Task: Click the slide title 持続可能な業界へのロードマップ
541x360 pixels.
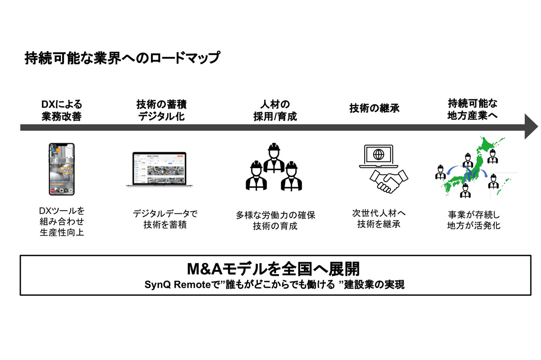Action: tap(122, 59)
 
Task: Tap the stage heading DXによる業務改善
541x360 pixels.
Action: tap(61, 111)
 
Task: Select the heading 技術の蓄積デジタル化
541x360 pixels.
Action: tap(161, 111)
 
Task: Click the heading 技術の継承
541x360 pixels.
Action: tap(374, 109)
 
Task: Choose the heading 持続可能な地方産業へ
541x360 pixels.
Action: tap(472, 110)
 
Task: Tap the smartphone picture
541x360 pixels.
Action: tap(61, 169)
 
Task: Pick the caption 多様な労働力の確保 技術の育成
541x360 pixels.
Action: tap(275, 221)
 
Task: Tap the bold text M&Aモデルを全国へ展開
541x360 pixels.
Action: tap(273, 269)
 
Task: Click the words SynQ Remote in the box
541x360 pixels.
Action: tap(170, 285)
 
